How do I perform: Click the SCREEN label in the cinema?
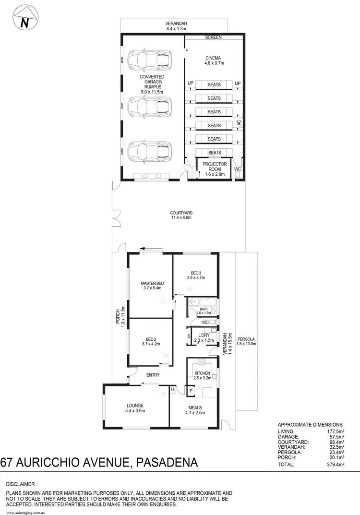tap(213, 37)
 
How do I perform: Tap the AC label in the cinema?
tap(239, 123)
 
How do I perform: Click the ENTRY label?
tap(153, 375)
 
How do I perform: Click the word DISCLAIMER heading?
tap(20, 484)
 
